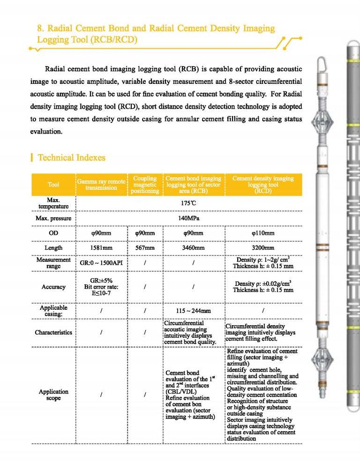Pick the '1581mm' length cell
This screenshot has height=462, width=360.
click(101, 248)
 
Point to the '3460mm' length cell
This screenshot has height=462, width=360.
click(193, 248)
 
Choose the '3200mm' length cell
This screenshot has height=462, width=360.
click(263, 248)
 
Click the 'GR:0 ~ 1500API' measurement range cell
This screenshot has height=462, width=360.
click(101, 263)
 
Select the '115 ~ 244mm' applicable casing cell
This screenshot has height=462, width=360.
click(193, 311)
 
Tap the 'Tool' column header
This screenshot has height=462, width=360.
click(53, 184)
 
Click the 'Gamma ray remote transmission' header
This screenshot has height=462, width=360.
click(101, 184)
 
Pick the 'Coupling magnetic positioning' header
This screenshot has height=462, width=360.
click(145, 185)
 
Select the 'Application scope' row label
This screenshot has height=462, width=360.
click(53, 395)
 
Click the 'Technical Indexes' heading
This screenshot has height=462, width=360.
click(71, 157)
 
